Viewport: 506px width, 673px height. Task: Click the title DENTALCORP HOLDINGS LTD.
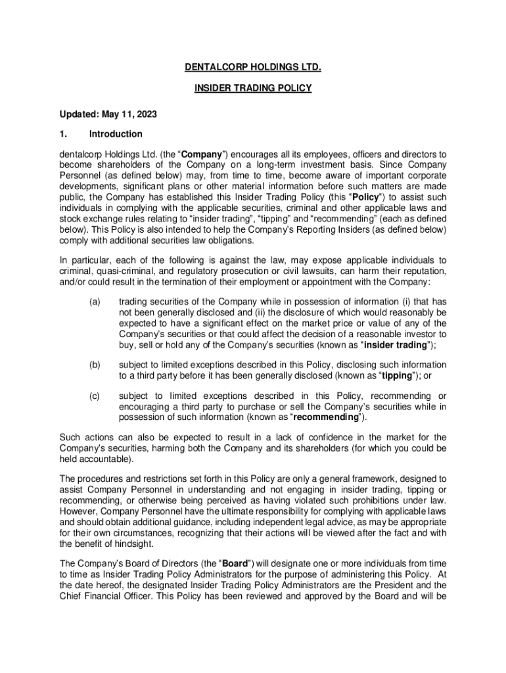pos(253,67)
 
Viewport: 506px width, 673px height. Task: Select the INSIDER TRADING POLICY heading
pos(253,87)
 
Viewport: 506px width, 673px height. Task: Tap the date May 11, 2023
pos(129,114)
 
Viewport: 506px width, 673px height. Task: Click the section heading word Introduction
pos(116,134)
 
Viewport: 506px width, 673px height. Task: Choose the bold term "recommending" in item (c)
pos(326,417)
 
